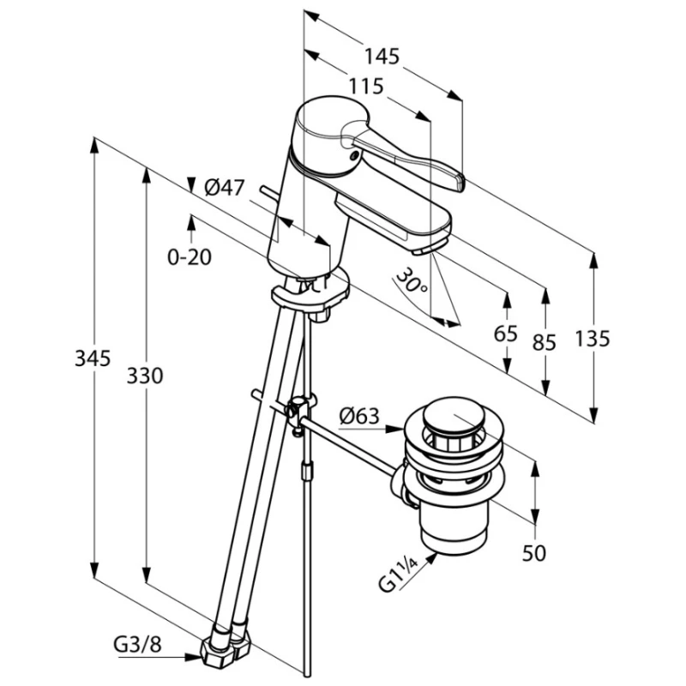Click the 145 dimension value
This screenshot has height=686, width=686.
click(382, 57)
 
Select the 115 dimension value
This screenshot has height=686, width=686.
click(366, 87)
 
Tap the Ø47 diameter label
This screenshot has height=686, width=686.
click(226, 186)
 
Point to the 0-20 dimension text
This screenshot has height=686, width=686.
click(190, 256)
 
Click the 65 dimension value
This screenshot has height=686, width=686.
click(506, 334)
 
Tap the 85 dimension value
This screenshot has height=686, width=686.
click(545, 341)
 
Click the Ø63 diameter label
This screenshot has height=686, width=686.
click(358, 417)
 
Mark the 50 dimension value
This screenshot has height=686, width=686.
click(534, 553)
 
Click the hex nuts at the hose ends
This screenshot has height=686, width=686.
click(221, 647)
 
